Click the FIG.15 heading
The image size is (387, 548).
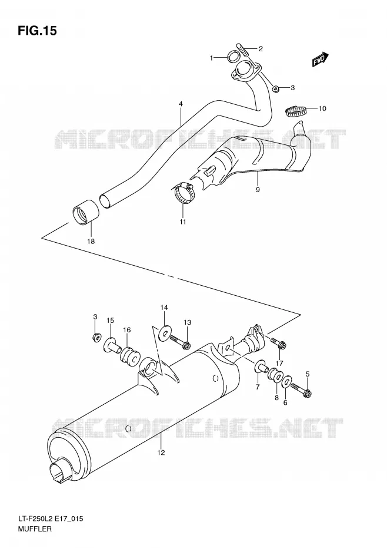tap(36, 31)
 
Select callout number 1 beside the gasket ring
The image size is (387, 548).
tap(211, 58)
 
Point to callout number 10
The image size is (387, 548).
tap(322, 108)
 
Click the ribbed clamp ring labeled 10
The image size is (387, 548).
tap(296, 111)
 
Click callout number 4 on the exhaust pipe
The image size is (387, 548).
tap(181, 104)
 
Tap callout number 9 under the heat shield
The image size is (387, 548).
tap(258, 190)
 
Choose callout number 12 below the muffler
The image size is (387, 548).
tap(161, 453)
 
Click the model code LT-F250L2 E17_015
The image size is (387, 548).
tap(50, 519)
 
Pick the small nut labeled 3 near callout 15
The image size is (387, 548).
tap(96, 337)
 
